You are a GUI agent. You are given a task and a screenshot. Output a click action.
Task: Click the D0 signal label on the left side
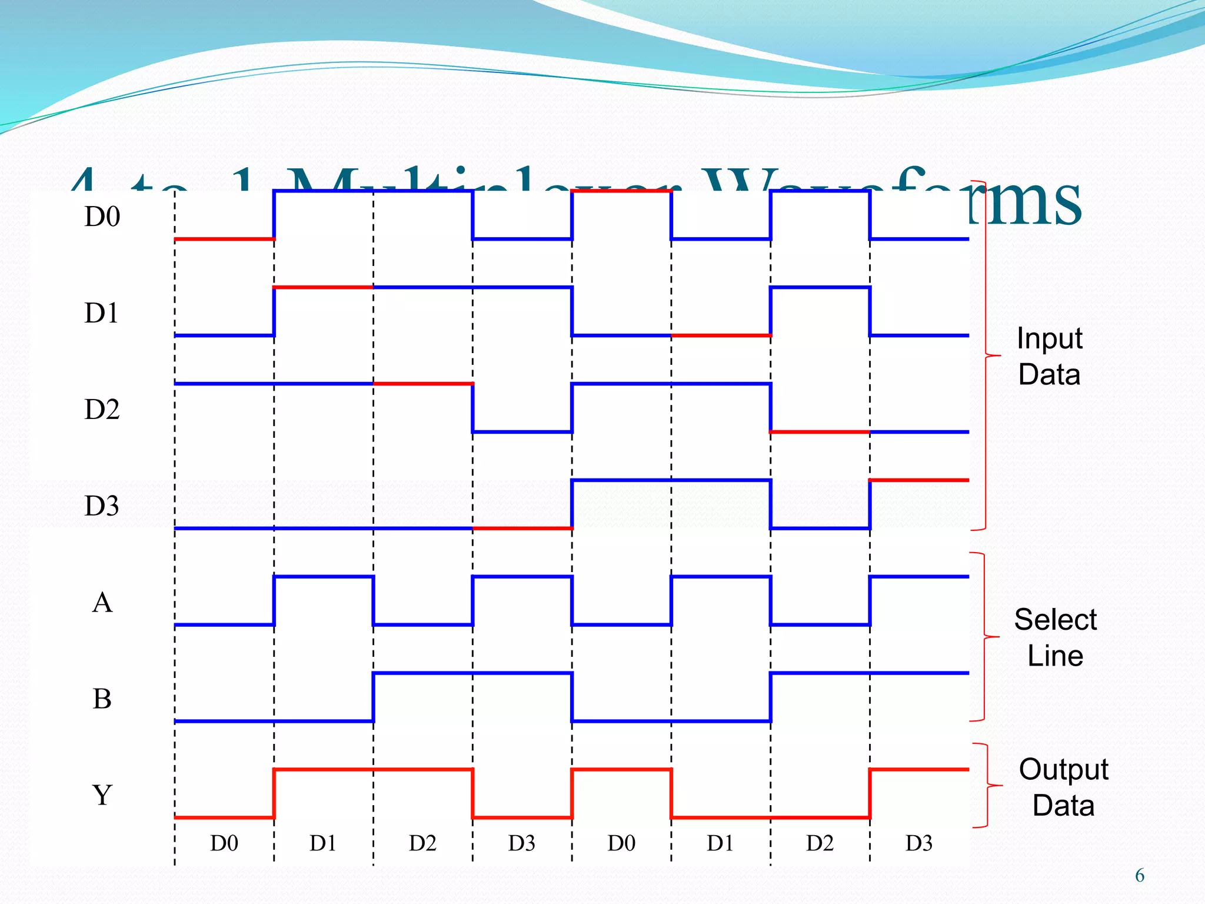102,217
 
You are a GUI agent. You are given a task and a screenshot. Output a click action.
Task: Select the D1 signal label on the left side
102,313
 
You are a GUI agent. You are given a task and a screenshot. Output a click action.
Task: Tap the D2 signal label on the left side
102,410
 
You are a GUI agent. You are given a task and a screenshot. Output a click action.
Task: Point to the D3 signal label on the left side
102,506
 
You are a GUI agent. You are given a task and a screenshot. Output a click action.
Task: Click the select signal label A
102,603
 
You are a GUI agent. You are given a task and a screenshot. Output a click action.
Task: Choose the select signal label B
102,699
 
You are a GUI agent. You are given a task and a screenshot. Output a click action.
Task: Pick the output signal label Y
102,796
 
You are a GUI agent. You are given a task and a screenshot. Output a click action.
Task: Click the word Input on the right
1049,339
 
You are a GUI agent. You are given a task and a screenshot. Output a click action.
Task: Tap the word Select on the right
1055,620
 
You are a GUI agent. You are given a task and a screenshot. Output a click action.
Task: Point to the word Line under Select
1055,656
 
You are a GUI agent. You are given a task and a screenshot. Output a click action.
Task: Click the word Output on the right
1063,770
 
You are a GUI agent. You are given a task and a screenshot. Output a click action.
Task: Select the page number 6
1139,876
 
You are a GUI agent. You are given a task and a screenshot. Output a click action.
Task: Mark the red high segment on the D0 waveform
621,191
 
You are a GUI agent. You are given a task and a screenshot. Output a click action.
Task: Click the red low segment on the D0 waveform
224,239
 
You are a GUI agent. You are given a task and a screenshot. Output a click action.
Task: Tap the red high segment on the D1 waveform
323,287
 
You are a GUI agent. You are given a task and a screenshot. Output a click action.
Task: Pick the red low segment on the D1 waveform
721,335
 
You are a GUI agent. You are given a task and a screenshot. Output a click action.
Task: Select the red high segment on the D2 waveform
423,384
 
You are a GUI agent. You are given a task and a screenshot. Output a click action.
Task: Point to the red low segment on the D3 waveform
522,529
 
